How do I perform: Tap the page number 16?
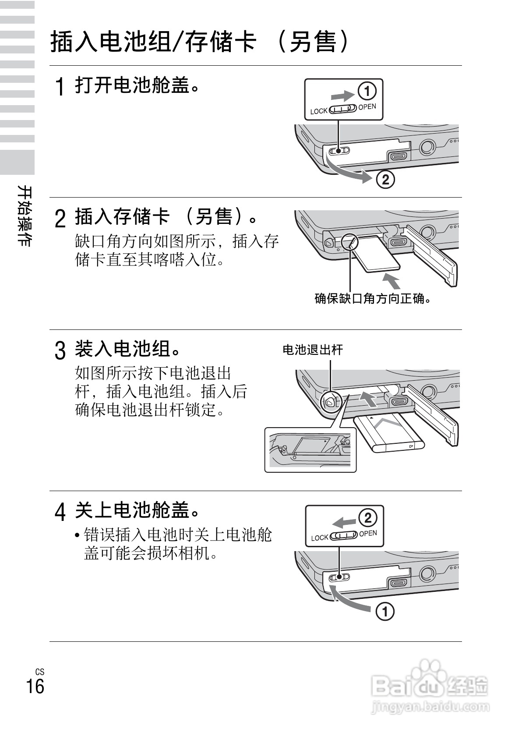(35, 686)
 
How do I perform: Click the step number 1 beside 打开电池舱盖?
(61, 86)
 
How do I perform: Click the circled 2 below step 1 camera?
(385, 179)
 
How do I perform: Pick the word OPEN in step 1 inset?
(367, 107)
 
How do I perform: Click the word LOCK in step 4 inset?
(319, 538)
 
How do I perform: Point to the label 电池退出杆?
(312, 350)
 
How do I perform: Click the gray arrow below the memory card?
(391, 280)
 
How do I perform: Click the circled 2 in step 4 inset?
(367, 518)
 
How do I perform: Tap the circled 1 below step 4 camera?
(385, 611)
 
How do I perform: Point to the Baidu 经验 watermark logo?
(429, 688)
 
